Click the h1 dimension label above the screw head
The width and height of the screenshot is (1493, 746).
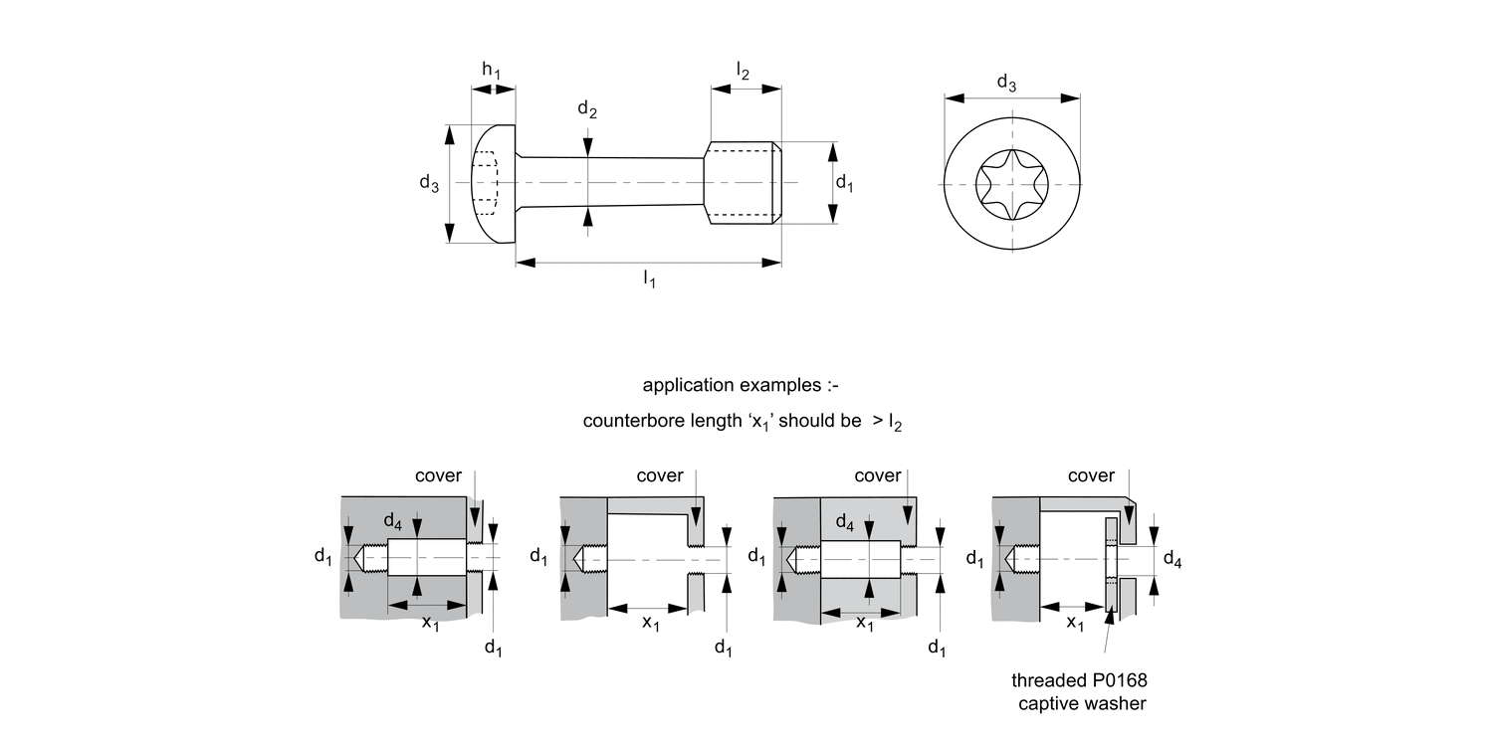(x=492, y=70)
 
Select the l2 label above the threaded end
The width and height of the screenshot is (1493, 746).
(x=744, y=70)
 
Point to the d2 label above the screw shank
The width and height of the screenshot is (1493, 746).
(x=587, y=110)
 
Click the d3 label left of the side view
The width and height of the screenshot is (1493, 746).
(x=429, y=183)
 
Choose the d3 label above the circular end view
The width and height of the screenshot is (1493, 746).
(x=1007, y=85)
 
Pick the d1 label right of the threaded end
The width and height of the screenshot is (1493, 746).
(x=844, y=183)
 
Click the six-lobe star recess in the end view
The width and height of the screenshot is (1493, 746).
(x=1013, y=185)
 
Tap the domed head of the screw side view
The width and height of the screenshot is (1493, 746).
(x=493, y=184)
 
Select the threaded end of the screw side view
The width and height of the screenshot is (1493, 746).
(x=743, y=183)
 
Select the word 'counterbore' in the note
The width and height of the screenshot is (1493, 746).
(x=625, y=420)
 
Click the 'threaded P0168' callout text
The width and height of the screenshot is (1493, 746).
(x=1073, y=681)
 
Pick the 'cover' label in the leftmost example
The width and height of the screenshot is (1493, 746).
(x=438, y=475)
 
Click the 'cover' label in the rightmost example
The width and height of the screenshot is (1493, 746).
(x=1091, y=475)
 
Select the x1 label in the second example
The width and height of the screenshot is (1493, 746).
(x=650, y=624)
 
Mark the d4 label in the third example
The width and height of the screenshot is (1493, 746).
(x=844, y=522)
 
